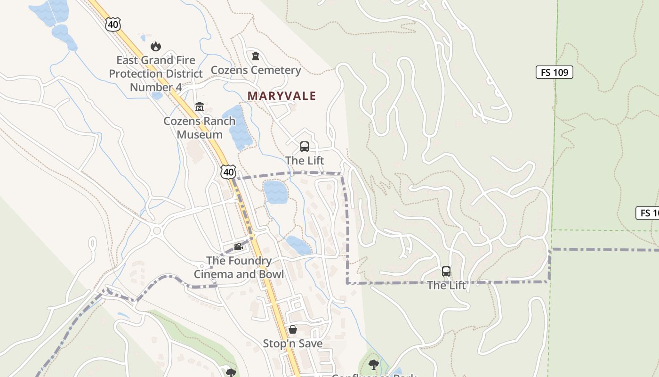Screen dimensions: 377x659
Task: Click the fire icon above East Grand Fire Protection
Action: tap(156, 46)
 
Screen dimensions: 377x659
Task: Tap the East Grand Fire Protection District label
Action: tap(156, 74)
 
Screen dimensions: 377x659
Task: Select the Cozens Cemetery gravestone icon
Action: tap(256, 56)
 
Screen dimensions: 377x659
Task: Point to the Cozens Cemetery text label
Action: tap(256, 70)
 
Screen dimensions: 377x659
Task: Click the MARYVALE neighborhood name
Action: tap(281, 96)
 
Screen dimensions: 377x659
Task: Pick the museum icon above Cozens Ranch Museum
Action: tap(200, 107)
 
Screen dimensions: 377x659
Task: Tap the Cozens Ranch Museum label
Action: tap(200, 128)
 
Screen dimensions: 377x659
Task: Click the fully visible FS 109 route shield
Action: tap(554, 73)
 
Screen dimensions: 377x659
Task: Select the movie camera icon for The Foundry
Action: tap(239, 246)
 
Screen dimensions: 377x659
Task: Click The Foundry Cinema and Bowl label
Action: tap(239, 268)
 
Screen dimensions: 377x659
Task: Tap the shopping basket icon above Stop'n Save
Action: tap(293, 329)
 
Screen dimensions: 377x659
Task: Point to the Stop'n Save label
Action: tap(293, 344)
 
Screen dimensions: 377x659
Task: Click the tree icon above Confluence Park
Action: tap(374, 364)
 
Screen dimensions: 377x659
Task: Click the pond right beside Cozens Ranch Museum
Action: tap(237, 127)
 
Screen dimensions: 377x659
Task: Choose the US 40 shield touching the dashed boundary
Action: tap(229, 172)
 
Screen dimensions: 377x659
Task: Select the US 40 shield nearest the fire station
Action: tap(113, 25)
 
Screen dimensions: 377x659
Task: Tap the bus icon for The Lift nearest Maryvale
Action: tap(305, 146)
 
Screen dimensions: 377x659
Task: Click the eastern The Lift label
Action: tap(446, 286)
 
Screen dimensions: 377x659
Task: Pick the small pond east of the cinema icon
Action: tap(298, 245)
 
